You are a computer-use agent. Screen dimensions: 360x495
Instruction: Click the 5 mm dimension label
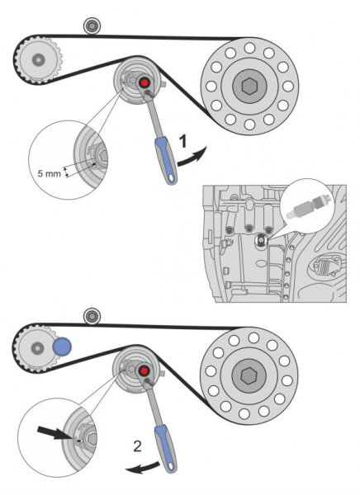point(49,173)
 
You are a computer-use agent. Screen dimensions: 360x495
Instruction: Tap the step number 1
point(182,141)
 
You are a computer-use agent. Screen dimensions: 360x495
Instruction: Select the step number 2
point(138,446)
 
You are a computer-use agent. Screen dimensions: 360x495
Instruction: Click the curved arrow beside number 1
point(192,157)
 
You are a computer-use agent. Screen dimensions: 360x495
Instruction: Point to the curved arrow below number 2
point(142,468)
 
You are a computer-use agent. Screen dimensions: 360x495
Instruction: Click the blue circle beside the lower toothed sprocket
point(62,346)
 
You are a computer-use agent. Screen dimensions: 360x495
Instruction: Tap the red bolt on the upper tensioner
point(144,83)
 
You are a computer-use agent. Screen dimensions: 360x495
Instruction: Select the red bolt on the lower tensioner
point(144,370)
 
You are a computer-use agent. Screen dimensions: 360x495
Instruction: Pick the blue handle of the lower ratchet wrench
point(166,448)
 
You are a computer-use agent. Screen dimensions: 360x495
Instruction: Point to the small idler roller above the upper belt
point(92,26)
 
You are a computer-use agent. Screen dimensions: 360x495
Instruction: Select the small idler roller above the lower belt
point(92,316)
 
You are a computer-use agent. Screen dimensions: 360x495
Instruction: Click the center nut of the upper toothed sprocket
point(39,59)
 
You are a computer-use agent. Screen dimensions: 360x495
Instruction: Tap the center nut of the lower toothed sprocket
point(38,348)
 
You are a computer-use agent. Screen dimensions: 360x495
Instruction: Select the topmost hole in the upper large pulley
point(249,48)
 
